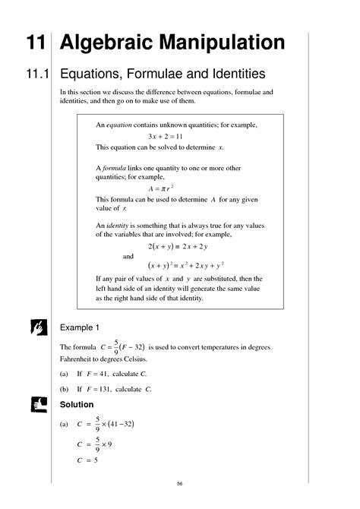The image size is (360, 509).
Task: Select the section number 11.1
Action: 32,74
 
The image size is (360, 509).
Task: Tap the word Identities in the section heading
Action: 232,74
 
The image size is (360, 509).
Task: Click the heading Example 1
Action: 80,327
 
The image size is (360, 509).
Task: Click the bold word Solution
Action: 77,404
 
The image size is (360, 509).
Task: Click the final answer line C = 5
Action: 90,460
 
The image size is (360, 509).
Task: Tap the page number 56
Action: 180,484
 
